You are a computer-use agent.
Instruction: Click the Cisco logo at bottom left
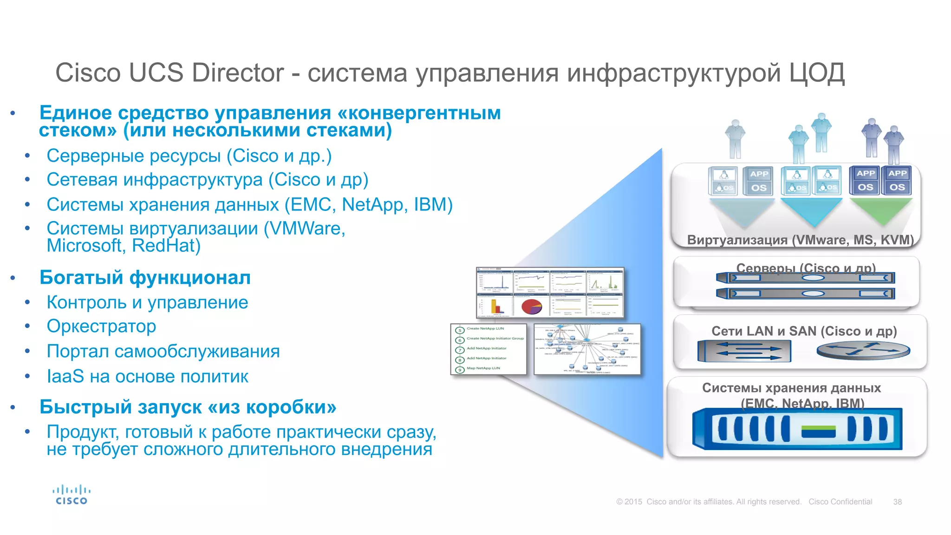click(x=71, y=495)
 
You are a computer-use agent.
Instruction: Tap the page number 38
click(x=897, y=502)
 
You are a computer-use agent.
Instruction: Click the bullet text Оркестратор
click(x=101, y=326)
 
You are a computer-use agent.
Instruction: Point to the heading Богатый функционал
click(x=145, y=278)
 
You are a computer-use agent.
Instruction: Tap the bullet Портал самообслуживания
click(x=163, y=352)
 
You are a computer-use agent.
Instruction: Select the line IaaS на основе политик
click(x=147, y=377)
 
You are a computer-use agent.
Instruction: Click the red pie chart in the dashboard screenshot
click(x=532, y=307)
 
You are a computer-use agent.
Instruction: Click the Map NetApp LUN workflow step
click(x=483, y=368)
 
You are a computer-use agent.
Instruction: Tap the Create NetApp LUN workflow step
click(x=485, y=329)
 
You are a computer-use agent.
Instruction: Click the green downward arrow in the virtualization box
click(x=880, y=212)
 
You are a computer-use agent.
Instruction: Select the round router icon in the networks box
click(x=863, y=351)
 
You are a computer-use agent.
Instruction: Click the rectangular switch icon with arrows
click(x=744, y=351)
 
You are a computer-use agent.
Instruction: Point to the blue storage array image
click(x=797, y=429)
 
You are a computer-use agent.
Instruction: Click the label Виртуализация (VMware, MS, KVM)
click(x=800, y=240)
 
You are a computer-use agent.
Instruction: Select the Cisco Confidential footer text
click(x=840, y=502)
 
